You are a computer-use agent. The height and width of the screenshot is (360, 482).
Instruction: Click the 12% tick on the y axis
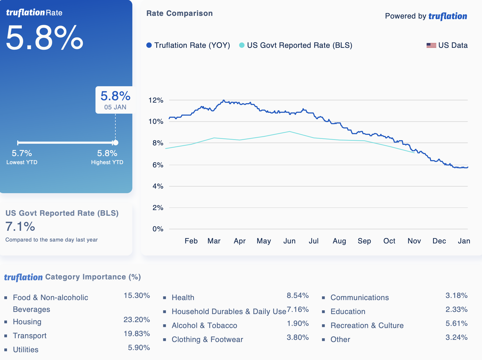click(156, 100)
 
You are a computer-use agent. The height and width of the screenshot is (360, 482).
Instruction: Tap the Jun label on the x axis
click(289, 241)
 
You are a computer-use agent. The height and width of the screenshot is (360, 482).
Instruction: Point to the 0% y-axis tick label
click(158, 229)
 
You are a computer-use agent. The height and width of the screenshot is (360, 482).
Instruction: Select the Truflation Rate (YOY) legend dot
click(149, 45)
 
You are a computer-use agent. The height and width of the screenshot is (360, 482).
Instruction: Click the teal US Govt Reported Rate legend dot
click(242, 45)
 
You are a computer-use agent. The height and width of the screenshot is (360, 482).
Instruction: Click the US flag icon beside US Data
click(431, 45)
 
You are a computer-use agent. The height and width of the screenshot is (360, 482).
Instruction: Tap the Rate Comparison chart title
click(179, 13)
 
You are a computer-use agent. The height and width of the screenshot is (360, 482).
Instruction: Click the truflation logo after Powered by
click(448, 16)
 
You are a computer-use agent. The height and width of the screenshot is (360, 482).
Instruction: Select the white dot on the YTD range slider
click(116, 143)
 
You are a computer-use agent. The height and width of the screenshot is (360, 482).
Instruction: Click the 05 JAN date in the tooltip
click(115, 107)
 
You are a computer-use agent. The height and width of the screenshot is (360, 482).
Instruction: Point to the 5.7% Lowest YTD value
click(22, 153)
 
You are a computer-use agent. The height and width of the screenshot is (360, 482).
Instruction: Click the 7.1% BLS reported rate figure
click(20, 226)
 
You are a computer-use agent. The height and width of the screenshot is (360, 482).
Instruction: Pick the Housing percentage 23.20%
click(137, 319)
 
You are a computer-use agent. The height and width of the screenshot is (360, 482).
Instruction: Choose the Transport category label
click(30, 336)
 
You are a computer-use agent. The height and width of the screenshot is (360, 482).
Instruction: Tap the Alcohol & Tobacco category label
click(204, 325)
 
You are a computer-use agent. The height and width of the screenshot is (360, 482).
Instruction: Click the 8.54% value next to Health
click(297, 295)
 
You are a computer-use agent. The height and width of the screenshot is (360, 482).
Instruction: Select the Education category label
click(348, 311)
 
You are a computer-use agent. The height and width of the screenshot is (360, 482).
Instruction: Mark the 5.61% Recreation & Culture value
click(456, 323)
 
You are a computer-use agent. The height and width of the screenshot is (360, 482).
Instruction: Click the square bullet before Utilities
click(6, 350)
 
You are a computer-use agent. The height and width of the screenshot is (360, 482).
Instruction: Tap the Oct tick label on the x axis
click(389, 241)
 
